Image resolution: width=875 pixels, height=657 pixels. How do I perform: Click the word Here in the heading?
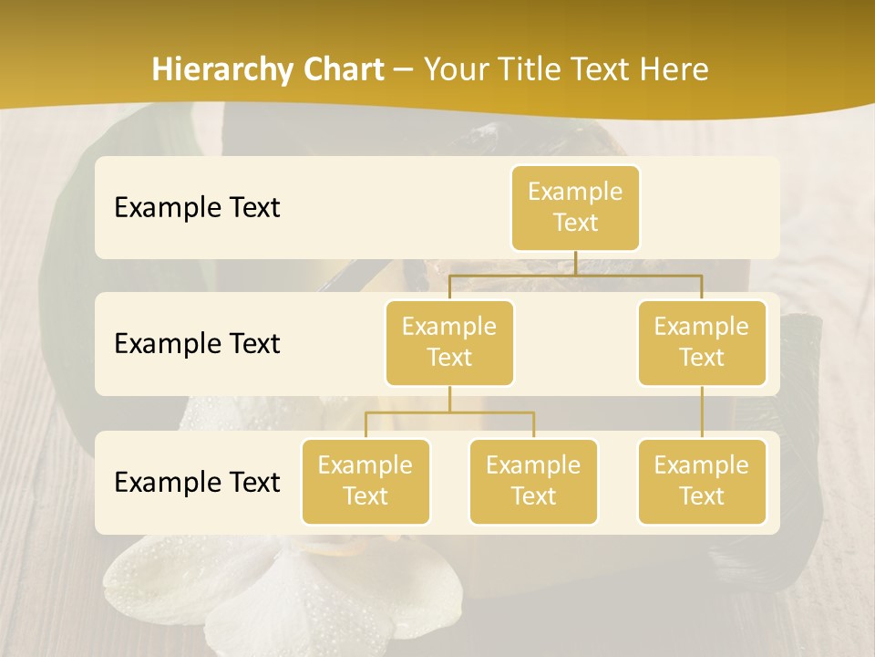click(674, 70)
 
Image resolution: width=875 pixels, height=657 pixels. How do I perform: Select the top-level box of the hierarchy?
click(575, 208)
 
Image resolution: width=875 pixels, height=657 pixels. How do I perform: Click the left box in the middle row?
click(449, 343)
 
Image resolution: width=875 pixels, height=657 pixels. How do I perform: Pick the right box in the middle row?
click(702, 343)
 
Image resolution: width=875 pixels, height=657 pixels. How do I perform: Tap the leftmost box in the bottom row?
click(365, 482)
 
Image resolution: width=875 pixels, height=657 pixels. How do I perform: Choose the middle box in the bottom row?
click(533, 482)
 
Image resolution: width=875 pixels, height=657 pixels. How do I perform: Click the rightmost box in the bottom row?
click(702, 482)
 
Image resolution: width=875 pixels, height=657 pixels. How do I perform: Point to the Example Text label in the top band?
click(197, 208)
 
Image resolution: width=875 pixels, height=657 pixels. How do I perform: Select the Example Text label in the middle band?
click(197, 344)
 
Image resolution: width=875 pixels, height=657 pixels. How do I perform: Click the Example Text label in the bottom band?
click(197, 482)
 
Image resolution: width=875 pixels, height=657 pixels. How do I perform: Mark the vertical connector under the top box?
click(575, 263)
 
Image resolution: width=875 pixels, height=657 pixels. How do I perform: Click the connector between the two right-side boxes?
click(702, 412)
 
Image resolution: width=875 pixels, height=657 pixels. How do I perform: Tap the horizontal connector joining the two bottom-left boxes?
click(449, 412)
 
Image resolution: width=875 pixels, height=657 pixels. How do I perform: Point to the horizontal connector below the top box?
click(638, 274)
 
